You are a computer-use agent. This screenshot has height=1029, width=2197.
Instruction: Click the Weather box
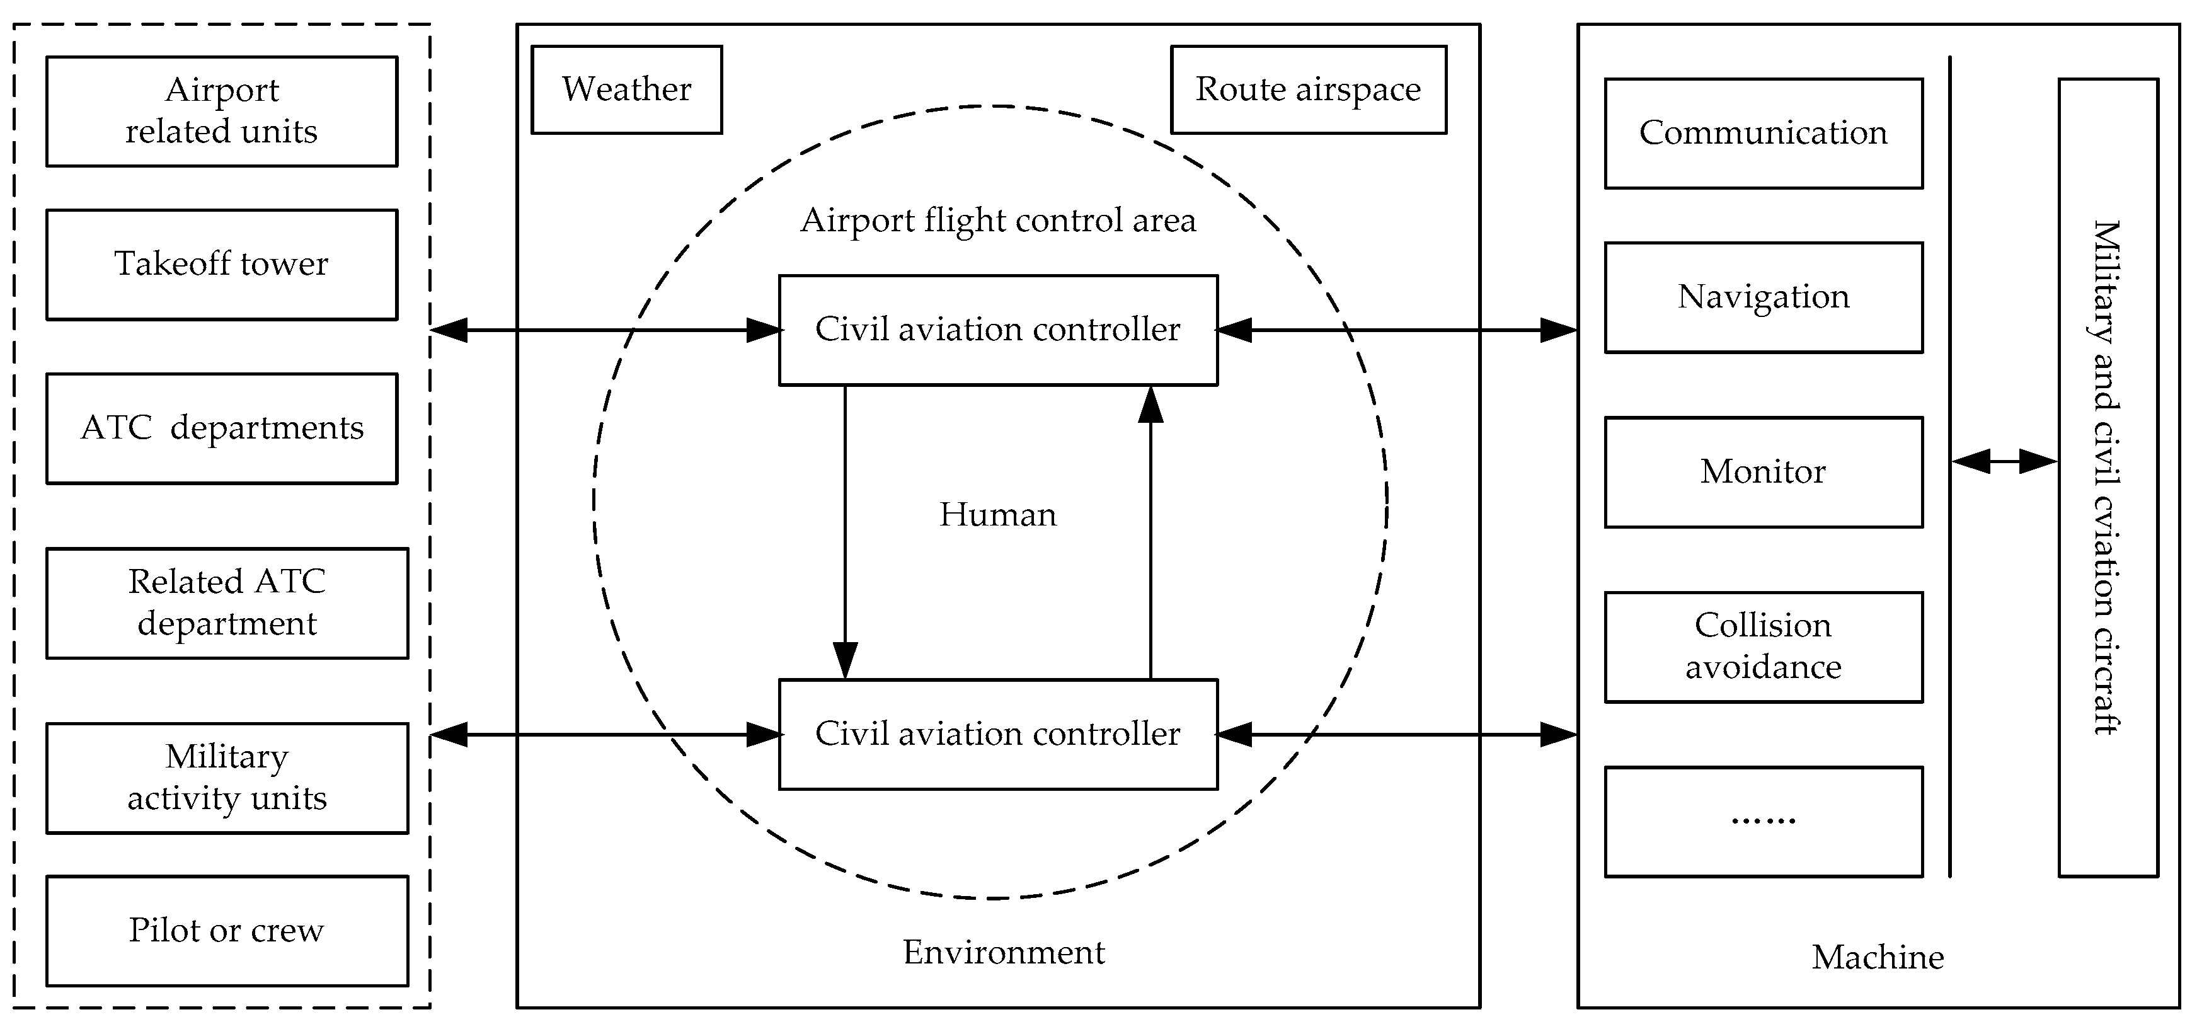[626, 89]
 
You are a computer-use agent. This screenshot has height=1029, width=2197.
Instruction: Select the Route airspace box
[1307, 89]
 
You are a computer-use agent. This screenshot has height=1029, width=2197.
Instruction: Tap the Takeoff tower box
[222, 265]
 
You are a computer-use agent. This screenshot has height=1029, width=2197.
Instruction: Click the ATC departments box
[222, 428]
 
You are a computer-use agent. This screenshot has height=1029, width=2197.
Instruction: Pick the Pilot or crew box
[227, 931]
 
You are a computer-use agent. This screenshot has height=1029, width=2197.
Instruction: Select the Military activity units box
[227, 778]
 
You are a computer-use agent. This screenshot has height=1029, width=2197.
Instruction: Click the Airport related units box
[222, 111]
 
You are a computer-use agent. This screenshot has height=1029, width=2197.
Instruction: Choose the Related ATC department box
[227, 603]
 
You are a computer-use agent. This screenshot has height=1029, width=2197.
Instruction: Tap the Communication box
[1763, 133]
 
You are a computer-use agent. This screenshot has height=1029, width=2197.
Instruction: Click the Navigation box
[1763, 297]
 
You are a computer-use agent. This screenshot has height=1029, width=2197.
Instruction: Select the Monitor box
[1763, 472]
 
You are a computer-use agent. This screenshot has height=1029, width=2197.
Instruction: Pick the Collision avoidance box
[1763, 647]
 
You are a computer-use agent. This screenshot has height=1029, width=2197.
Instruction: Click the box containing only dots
[1763, 822]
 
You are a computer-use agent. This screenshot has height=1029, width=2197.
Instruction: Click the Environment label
[1003, 952]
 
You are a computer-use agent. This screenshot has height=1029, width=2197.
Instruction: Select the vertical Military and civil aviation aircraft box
[2108, 478]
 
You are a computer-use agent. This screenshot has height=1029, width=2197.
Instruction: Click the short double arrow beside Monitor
[2004, 462]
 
